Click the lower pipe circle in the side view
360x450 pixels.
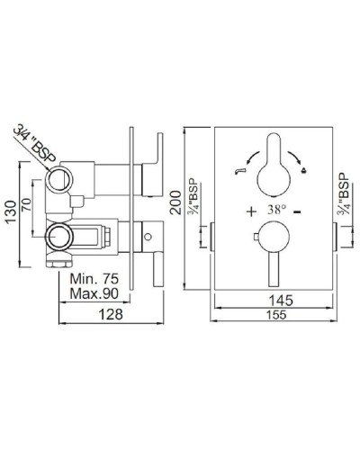pos(60,238)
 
